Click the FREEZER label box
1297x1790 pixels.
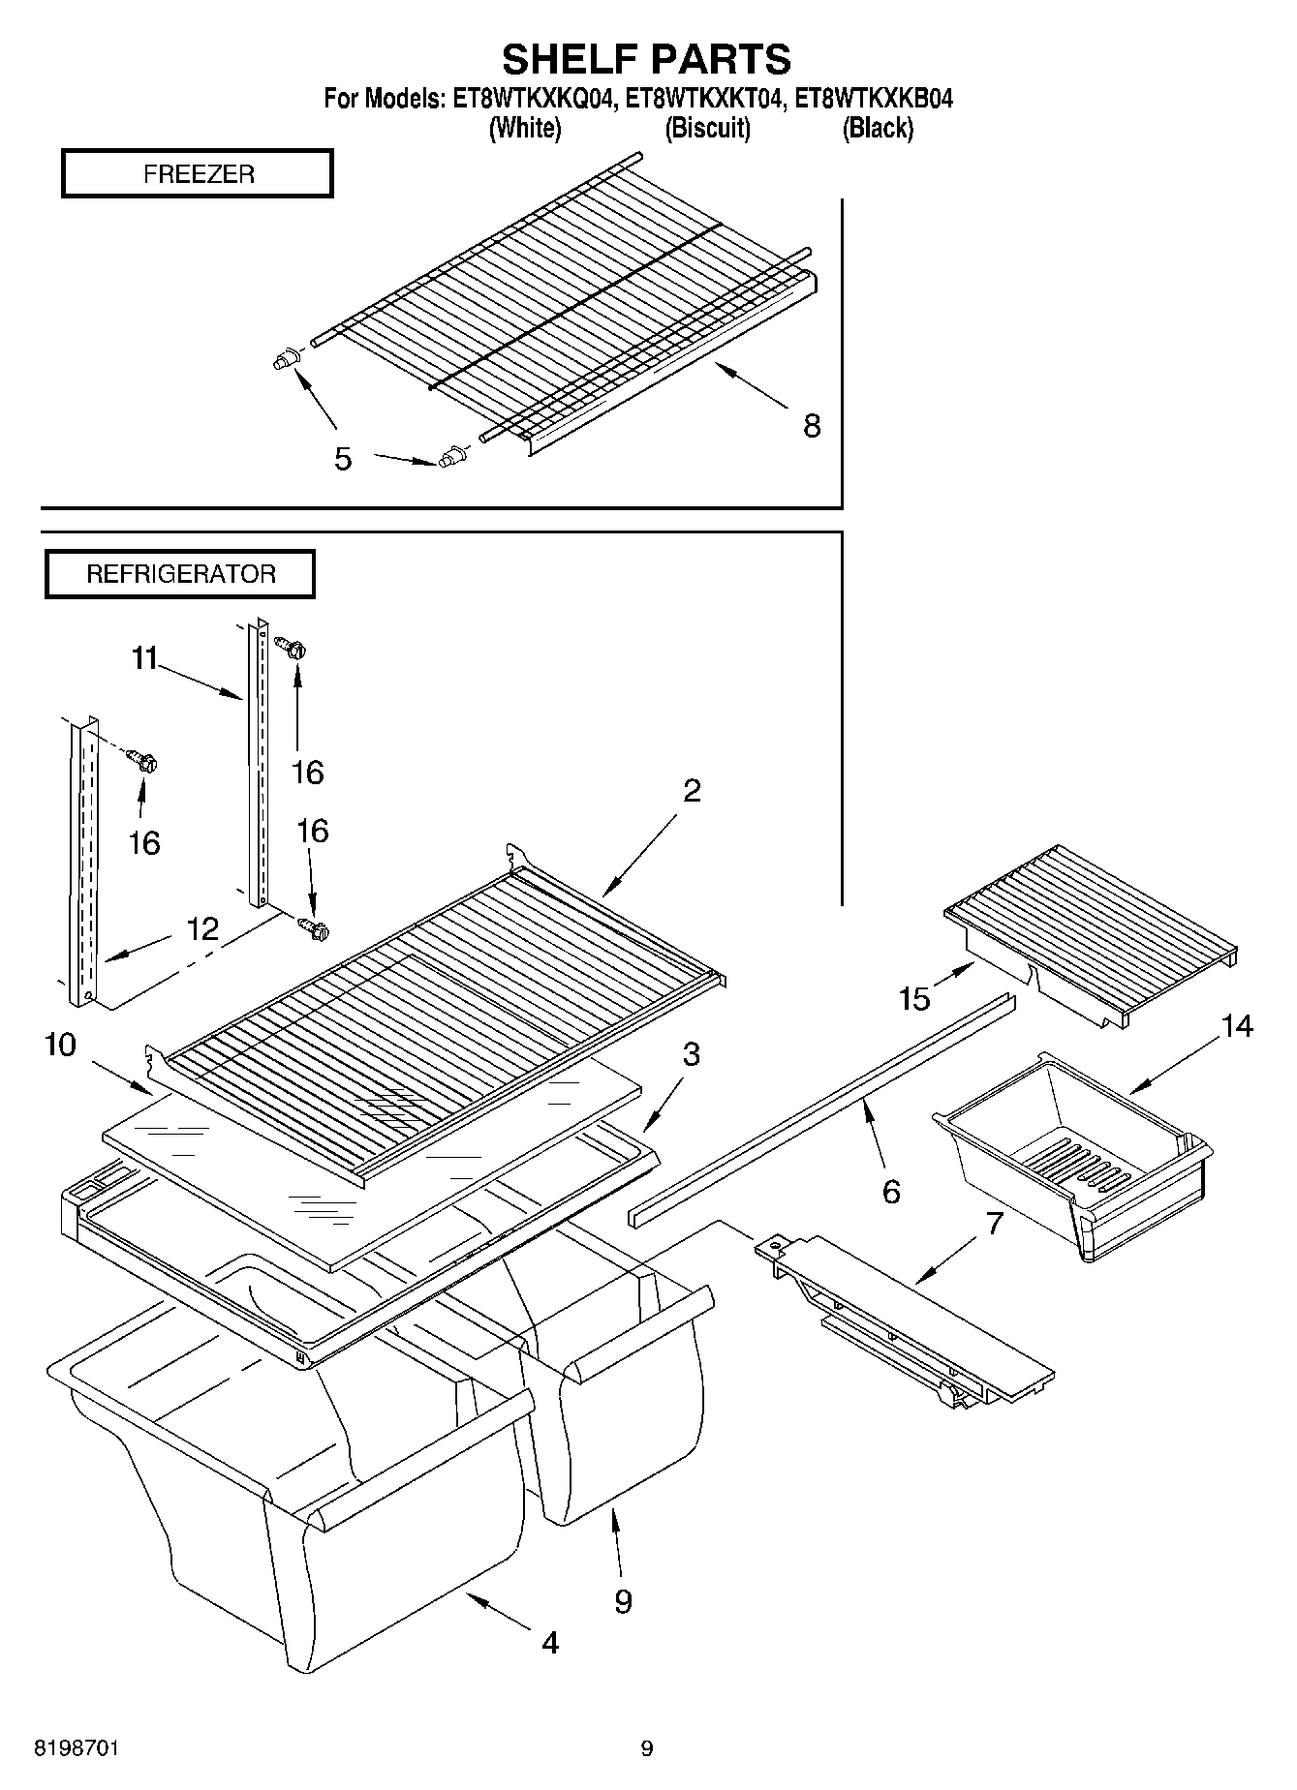(x=198, y=173)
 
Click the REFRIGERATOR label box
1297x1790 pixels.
(x=180, y=574)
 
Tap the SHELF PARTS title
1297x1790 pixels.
(x=646, y=59)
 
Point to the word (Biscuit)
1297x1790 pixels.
(x=707, y=128)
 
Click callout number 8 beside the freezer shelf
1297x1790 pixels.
(x=812, y=425)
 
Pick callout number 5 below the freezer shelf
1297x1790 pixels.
(x=343, y=459)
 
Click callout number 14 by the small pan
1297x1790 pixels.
(x=1237, y=1026)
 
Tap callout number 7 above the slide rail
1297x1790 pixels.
(x=995, y=1224)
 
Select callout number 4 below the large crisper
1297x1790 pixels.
(x=549, y=1642)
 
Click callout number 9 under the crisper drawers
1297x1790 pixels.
(x=623, y=1601)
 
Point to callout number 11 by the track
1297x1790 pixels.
(x=144, y=659)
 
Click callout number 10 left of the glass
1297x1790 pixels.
(x=60, y=1046)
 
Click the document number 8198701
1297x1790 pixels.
(x=77, y=1748)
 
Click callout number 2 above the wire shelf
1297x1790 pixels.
(x=691, y=791)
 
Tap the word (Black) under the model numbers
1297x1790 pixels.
(x=878, y=128)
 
